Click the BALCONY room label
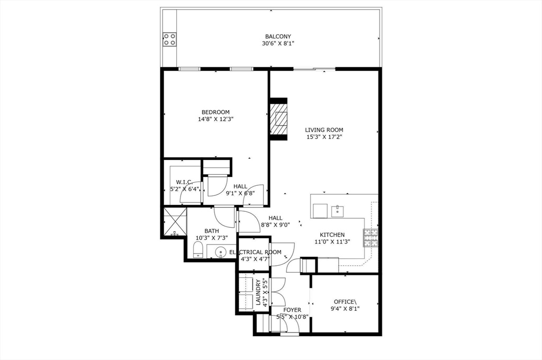278,37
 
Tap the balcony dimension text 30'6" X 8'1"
278,43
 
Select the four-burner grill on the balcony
169,39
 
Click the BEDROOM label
215,112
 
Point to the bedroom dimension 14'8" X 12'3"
215,119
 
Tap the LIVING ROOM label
324,130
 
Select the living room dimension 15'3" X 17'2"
324,137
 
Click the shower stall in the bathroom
174,222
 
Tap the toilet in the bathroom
198,249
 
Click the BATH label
212,231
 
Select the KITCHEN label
332,235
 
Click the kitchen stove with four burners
371,238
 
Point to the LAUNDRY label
259,293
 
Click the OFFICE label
345,302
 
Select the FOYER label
292,310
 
